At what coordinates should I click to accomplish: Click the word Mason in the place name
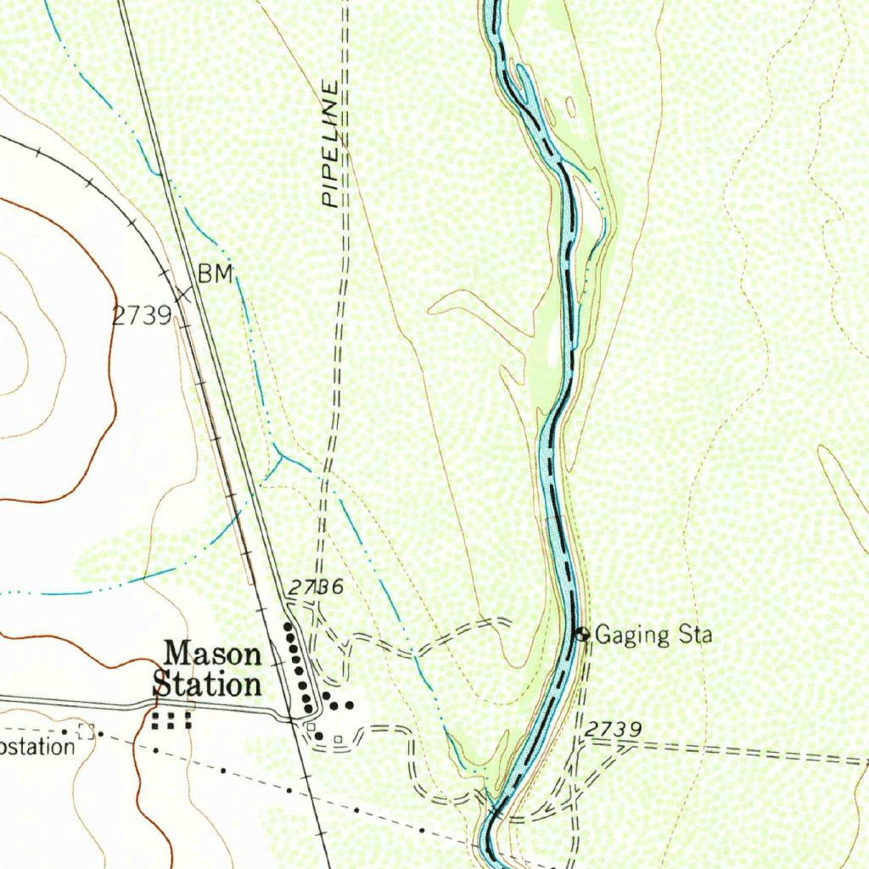(212, 654)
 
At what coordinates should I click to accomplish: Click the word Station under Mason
(206, 684)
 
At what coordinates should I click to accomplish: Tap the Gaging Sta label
(653, 634)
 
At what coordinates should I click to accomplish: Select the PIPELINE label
(331, 144)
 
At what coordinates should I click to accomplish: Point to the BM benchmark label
(215, 273)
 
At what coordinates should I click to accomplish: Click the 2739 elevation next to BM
(142, 316)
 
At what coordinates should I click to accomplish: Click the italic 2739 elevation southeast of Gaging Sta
(613, 729)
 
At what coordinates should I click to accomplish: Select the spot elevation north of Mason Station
(314, 587)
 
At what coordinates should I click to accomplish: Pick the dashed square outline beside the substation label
(84, 732)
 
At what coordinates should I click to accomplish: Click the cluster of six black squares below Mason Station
(171, 720)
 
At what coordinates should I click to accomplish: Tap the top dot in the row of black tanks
(287, 627)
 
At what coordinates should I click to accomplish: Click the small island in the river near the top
(570, 107)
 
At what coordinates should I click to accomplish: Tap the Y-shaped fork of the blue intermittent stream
(282, 458)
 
